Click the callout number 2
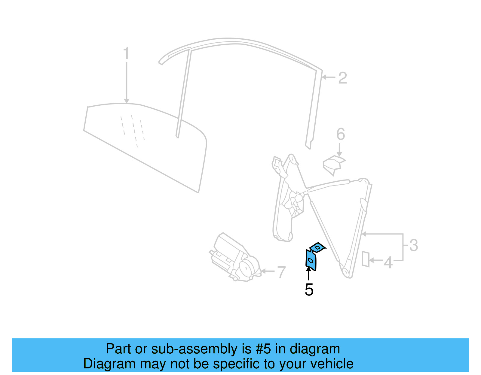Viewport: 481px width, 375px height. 342,78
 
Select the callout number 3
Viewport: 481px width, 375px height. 414,245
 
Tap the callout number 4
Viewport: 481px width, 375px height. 388,262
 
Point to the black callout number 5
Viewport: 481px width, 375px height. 309,290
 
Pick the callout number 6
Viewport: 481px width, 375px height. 340,134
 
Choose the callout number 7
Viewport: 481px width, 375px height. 281,272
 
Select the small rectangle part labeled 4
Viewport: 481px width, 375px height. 365,259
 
